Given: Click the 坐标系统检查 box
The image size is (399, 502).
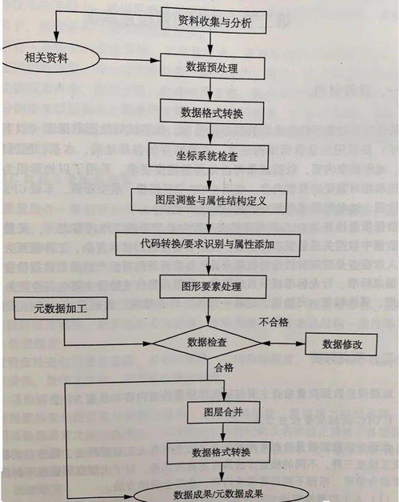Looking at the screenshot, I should click(x=206, y=155).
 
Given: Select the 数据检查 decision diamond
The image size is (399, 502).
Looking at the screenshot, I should click(x=207, y=342).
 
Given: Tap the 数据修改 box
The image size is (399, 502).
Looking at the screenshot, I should click(x=341, y=343).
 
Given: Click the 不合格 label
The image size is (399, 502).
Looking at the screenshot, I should click(x=273, y=323).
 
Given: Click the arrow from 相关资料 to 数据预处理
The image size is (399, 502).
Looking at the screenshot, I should click(x=128, y=60).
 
